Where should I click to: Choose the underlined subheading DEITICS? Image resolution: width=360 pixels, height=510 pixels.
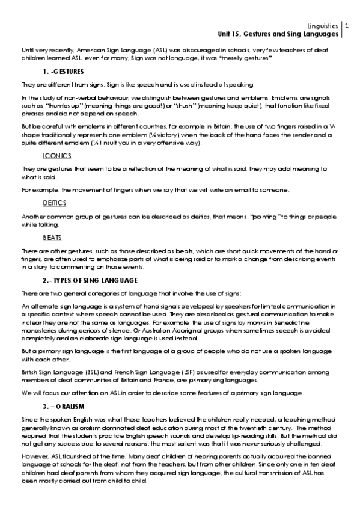tap(55, 203)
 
